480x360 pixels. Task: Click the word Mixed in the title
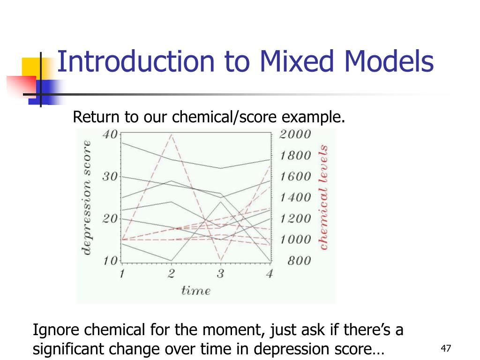[x=289, y=62]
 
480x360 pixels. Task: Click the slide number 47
[x=446, y=348]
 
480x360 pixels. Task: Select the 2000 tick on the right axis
[x=295, y=135]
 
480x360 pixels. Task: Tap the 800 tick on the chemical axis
[x=299, y=261]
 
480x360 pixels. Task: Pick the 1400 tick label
[x=295, y=197]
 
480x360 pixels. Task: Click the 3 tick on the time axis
[x=220, y=274]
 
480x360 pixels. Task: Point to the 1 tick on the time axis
[x=121, y=274]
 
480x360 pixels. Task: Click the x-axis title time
[x=196, y=291]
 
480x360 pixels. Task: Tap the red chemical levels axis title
[x=323, y=197]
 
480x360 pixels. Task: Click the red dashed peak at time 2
[x=172, y=135]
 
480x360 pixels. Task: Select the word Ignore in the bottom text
[x=56, y=331]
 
